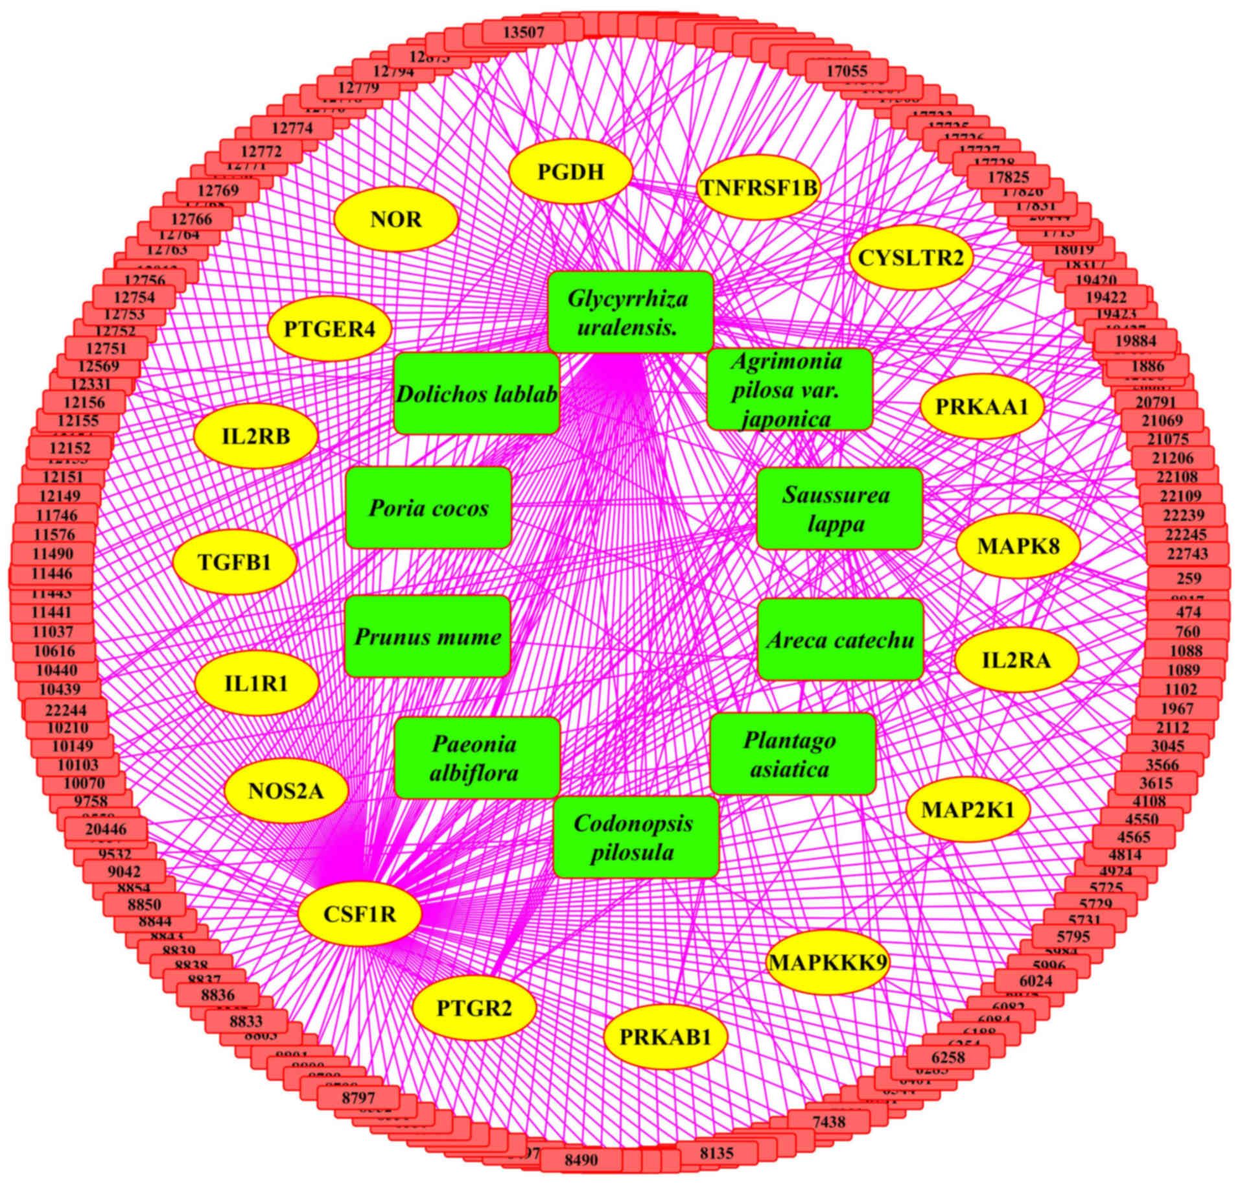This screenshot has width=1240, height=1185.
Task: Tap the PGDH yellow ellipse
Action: point(570,172)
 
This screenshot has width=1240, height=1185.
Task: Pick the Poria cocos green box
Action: point(428,508)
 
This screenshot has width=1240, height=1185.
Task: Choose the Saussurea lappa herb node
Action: point(839,508)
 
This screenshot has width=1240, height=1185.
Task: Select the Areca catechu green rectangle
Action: point(840,640)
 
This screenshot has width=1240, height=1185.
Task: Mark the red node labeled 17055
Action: point(847,70)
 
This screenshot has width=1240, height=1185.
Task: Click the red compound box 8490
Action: point(581,1158)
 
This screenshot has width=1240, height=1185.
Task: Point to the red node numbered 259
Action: point(1188,578)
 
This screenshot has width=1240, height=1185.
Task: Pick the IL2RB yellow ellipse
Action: point(256,436)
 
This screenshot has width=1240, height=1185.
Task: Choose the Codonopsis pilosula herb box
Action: point(635,837)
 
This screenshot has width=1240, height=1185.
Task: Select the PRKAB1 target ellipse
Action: point(665,1037)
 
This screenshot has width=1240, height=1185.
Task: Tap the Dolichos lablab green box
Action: point(476,393)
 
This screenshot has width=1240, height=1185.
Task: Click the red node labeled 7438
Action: point(828,1120)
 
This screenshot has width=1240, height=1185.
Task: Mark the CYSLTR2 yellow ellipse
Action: point(911,257)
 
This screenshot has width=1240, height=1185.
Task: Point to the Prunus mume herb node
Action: point(427,636)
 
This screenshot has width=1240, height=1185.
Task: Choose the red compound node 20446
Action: point(106,828)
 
